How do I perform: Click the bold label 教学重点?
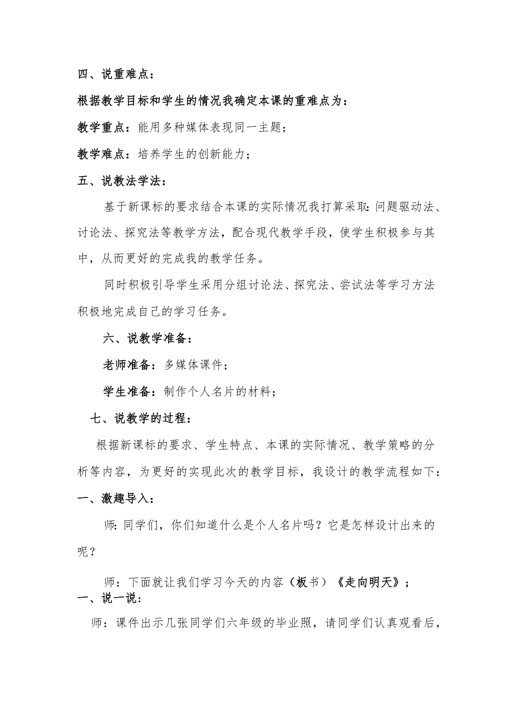101,128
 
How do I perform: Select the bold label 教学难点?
101,155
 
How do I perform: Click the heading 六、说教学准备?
147,338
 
